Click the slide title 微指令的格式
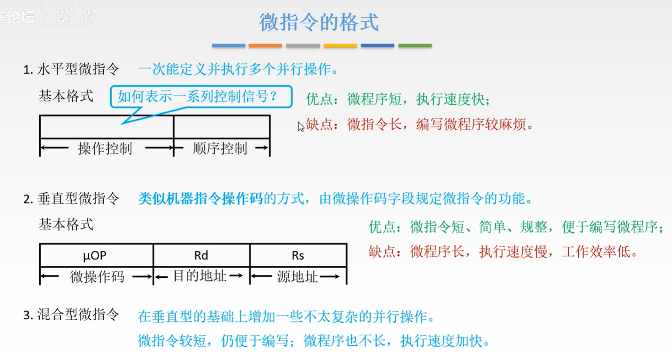pos(319,22)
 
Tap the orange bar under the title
pos(265,46)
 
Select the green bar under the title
pos(415,46)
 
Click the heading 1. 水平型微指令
pos(71,70)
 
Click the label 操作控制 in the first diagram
pos(105,148)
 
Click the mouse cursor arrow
pos(301,126)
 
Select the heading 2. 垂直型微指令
pos(71,199)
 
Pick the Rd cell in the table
pos(201,255)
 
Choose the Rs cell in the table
pos(298,255)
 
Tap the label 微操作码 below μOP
pos(97,277)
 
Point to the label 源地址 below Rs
pos(297,277)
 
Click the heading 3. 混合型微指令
pos(71,315)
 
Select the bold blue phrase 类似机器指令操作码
pos(201,199)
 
